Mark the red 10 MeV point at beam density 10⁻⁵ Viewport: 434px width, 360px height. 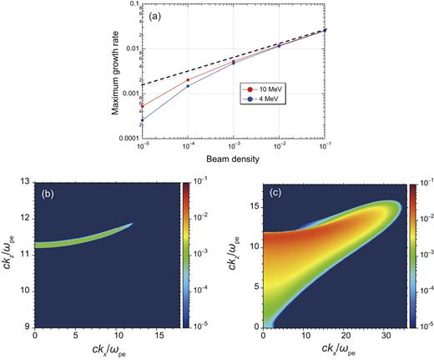[142, 105]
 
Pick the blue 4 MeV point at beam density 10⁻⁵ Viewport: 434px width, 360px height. [142, 120]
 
